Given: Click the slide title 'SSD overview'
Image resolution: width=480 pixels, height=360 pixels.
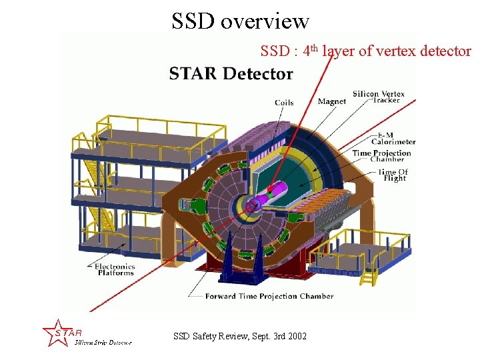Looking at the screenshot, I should [x=240, y=21].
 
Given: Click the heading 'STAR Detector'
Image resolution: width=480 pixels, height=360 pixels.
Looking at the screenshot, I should [x=231, y=73].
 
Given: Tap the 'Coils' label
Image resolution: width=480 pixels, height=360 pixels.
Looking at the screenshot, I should [x=284, y=102].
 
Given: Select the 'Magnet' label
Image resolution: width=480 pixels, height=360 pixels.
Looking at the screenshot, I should [x=332, y=101].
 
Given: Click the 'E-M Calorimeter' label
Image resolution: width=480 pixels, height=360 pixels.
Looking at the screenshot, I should [x=393, y=138].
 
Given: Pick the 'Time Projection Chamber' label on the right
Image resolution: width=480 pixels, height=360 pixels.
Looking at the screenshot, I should [x=382, y=156].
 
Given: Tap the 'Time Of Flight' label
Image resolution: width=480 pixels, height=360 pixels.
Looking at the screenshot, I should [x=393, y=175].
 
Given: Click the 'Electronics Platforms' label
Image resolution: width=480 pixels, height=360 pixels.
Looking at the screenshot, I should [x=115, y=269].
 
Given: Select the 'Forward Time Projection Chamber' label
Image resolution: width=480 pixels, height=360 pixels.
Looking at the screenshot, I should [x=269, y=295].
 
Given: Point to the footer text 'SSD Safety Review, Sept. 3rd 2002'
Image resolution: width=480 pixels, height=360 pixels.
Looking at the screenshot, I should [x=240, y=336].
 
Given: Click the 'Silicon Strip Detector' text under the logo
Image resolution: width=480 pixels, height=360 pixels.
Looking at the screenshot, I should [x=103, y=343].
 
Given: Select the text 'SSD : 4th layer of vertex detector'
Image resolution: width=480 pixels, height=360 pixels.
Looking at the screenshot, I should [x=365, y=51].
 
